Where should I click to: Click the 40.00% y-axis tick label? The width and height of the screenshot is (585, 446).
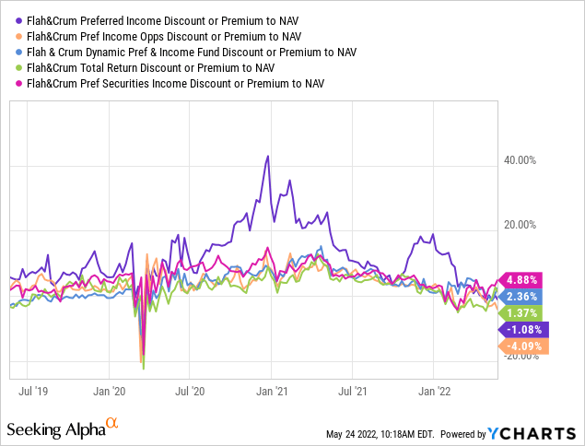tap(521, 160)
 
